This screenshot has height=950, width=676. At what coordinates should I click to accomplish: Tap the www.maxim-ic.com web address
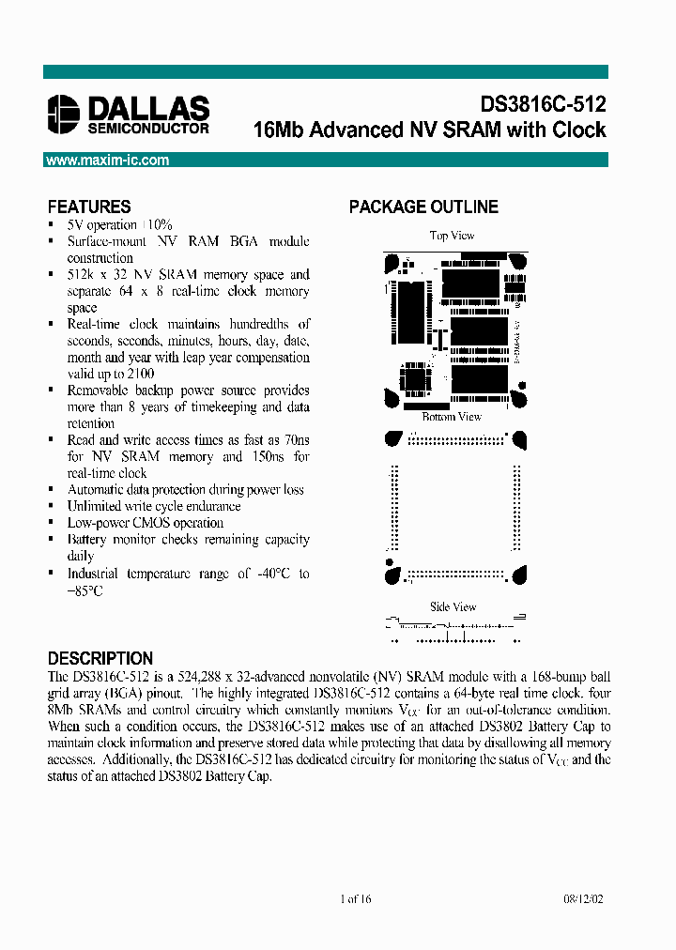(108, 161)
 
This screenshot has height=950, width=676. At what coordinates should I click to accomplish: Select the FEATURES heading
(89, 207)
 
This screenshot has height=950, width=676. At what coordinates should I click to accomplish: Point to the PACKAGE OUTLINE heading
(423, 207)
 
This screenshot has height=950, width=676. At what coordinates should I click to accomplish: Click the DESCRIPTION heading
(100, 658)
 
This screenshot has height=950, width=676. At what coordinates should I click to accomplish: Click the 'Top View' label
(452, 236)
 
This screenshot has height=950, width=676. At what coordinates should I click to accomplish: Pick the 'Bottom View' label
(452, 417)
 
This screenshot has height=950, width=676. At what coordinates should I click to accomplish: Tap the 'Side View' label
(453, 606)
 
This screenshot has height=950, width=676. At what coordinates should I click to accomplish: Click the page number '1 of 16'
(356, 899)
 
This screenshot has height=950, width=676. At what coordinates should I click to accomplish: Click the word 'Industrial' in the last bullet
(92, 574)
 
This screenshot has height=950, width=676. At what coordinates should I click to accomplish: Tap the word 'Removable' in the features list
(98, 391)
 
